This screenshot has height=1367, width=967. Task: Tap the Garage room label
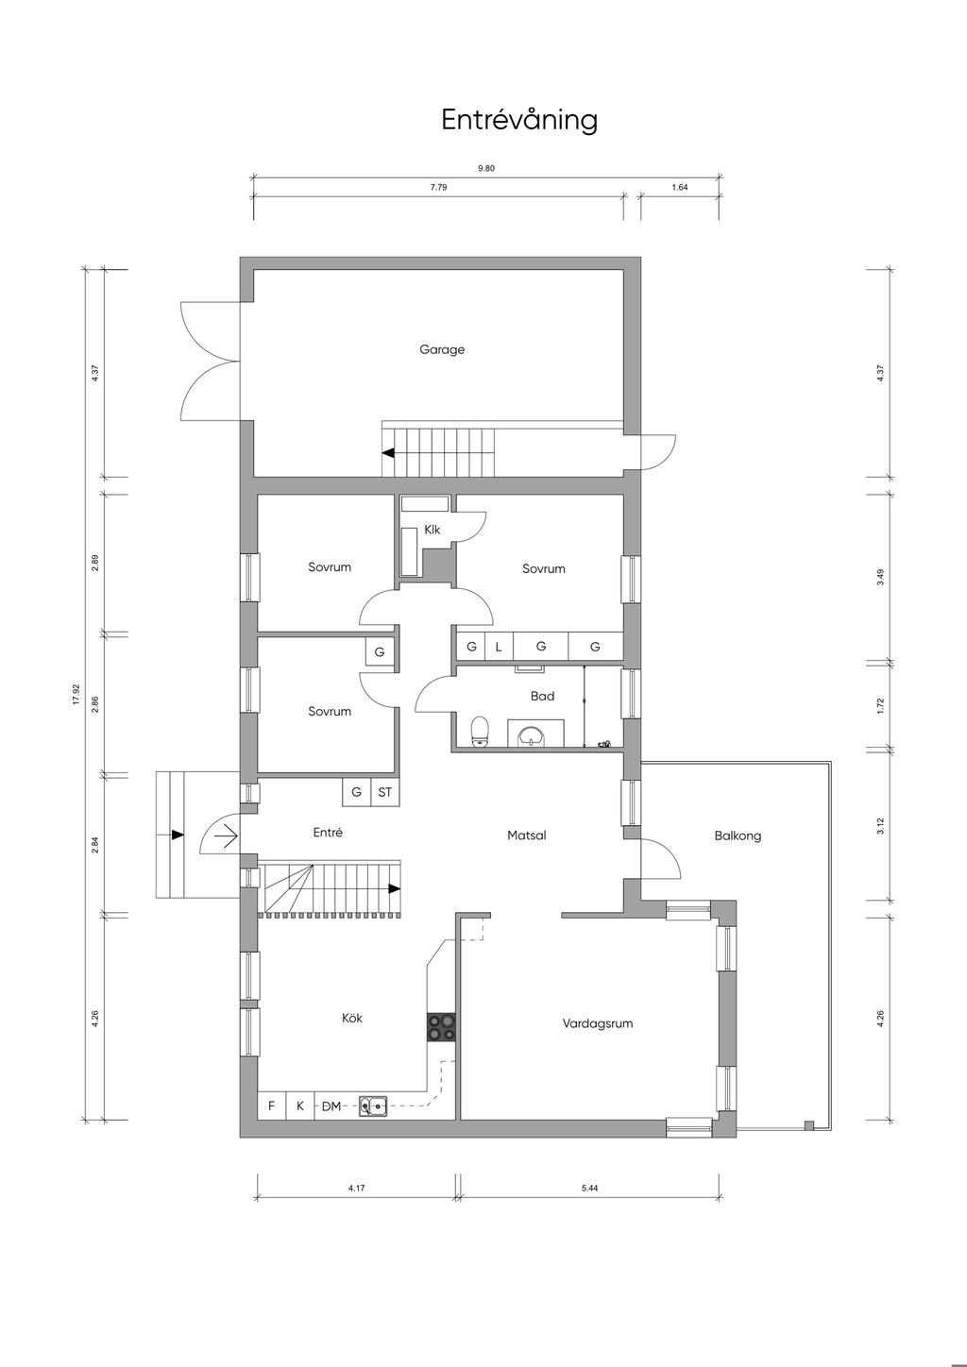click(442, 349)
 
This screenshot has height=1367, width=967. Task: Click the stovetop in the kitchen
click(441, 1026)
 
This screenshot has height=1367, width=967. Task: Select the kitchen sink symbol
click(372, 1105)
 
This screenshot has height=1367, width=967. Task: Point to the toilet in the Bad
click(481, 731)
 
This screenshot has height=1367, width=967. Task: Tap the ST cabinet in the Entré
click(384, 792)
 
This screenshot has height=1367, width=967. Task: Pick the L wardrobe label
click(499, 647)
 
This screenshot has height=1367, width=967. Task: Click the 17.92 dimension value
click(76, 695)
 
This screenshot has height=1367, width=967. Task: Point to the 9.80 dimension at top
click(486, 168)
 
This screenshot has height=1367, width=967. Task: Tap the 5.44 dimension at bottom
click(589, 1188)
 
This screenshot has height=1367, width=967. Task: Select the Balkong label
click(738, 835)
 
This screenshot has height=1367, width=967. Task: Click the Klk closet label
click(433, 529)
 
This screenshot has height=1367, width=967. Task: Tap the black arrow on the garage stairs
click(388, 453)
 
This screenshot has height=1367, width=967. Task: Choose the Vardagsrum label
click(597, 1023)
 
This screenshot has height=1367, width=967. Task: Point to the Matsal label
click(526, 835)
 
